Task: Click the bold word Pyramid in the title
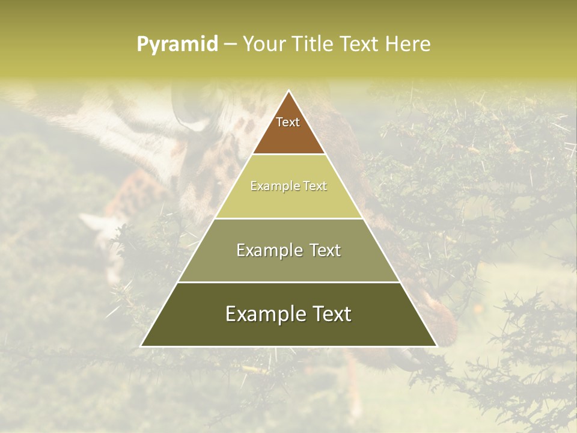pos(177,45)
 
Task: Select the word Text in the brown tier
pos(288,122)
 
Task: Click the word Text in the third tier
pos(323,251)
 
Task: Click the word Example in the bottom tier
pos(264,314)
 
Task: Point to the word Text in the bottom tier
pos(331,314)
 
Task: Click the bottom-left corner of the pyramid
pos(142,346)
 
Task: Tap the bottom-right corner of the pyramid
pos(436,346)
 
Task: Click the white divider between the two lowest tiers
pos(288,282)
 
